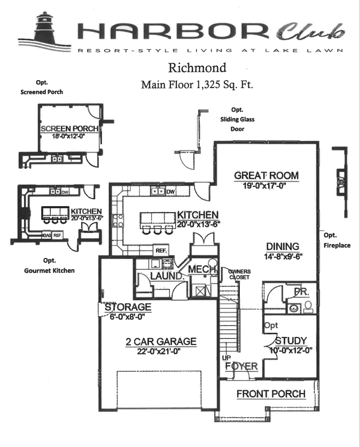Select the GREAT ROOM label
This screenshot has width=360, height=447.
tap(267, 176)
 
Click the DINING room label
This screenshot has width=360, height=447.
tap(282, 246)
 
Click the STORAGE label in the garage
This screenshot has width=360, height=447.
tap(128, 308)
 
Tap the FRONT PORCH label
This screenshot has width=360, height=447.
tap(271, 394)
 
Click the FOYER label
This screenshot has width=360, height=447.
tap(241, 366)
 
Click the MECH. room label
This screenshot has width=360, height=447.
tap(201, 269)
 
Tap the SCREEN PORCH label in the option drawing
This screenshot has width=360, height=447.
tap(69, 129)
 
